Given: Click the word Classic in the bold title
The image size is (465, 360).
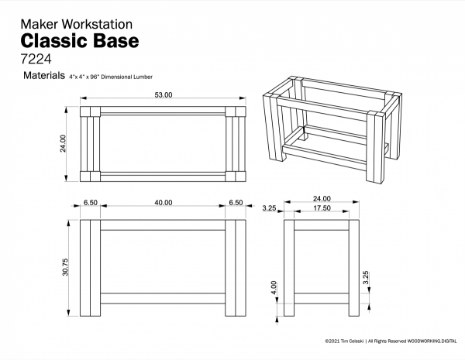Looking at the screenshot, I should pos(60,39).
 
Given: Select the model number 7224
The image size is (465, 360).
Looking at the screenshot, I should pos(36,59).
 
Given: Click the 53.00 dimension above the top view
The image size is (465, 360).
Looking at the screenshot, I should pos(164,94).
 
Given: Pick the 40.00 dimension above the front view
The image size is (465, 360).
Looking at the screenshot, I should pos(164,202).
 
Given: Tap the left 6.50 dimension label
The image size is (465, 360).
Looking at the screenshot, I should pos(91,202).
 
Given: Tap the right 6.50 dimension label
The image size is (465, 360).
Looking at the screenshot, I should pos(235,202).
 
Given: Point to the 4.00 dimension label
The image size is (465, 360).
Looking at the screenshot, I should pos(274,287).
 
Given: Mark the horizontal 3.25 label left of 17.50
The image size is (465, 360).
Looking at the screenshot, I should pos(270,208).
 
